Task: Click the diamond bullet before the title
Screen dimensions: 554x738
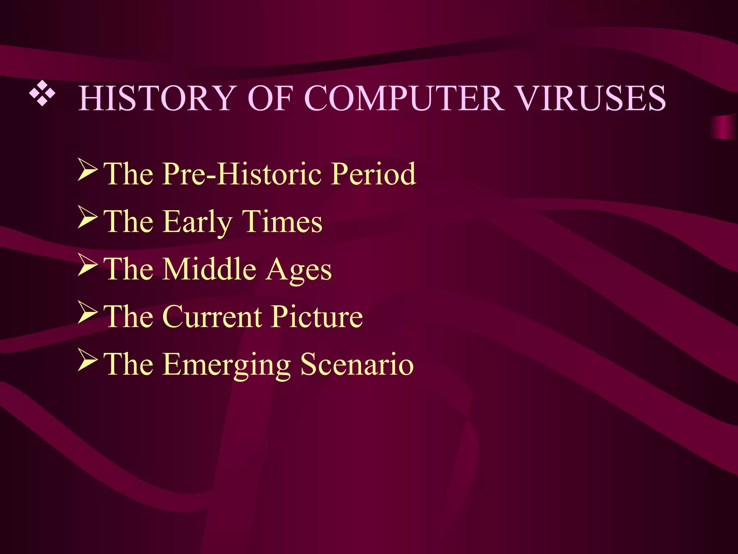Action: point(43,94)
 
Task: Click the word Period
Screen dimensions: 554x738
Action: point(374,174)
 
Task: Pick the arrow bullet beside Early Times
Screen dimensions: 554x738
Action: point(88,218)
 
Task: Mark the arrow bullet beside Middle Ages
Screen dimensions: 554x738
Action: point(88,265)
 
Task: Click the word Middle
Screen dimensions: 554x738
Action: point(209,269)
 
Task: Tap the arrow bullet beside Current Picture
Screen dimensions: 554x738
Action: point(88,313)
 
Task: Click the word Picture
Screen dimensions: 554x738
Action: point(317,317)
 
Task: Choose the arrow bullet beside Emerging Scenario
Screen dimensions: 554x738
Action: point(88,361)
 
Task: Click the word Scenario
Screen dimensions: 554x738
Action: point(357,364)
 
